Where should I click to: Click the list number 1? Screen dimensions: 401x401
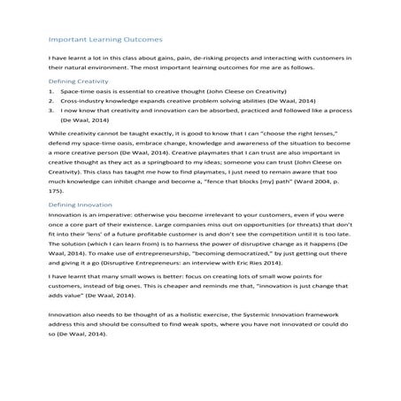point(50,91)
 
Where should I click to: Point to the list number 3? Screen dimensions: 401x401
point(50,112)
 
